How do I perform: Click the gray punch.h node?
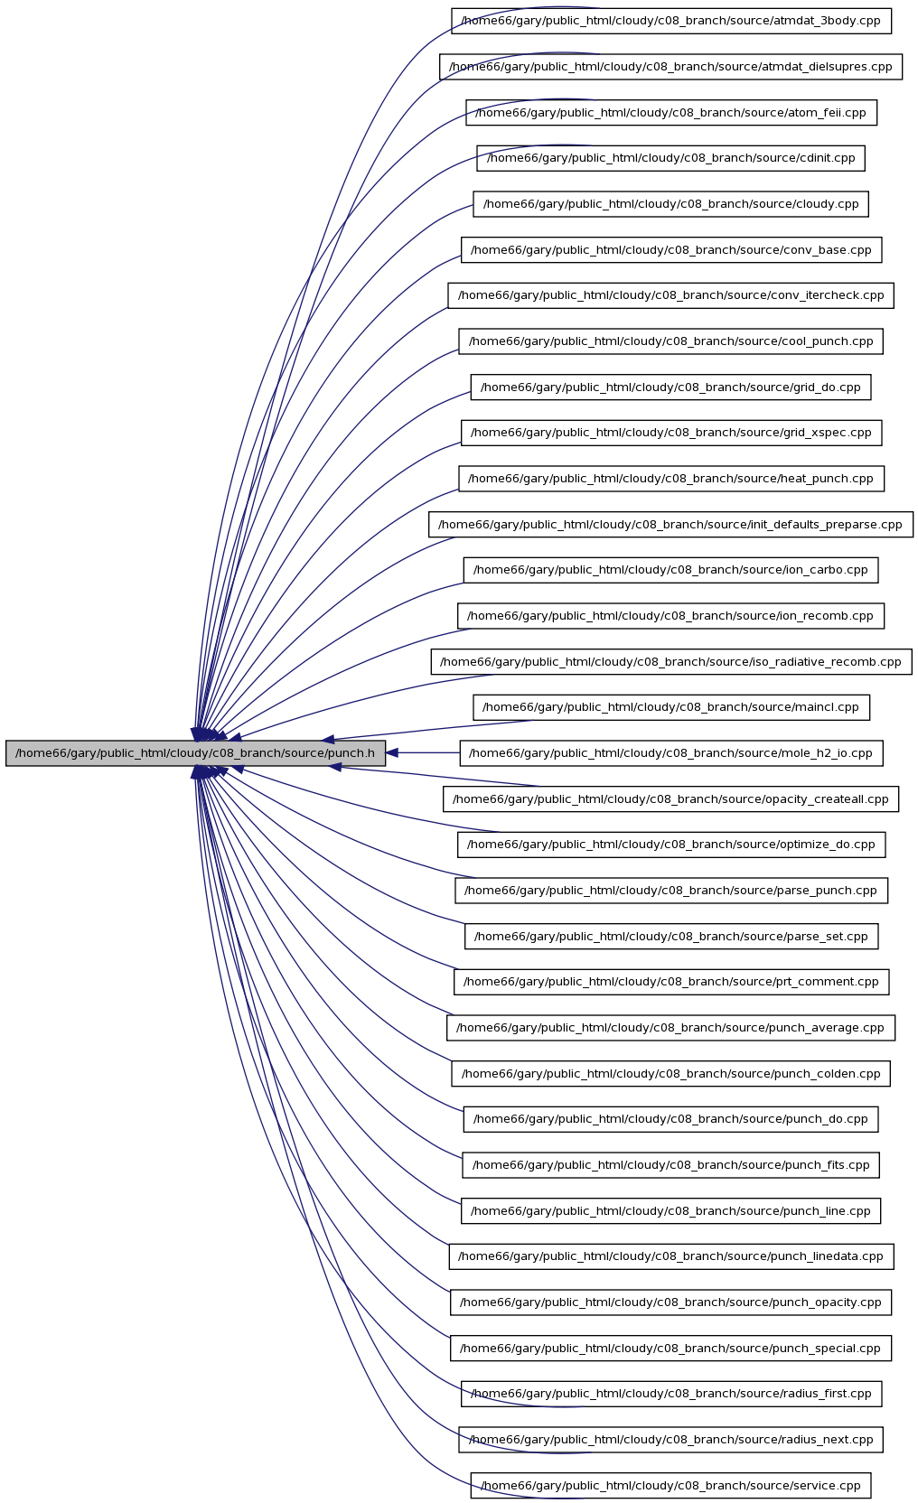click(x=195, y=752)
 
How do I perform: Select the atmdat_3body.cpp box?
click(x=671, y=21)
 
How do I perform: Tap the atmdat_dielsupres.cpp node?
click(x=670, y=67)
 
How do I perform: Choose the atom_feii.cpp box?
click(x=671, y=112)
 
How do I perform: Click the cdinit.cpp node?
click(x=671, y=158)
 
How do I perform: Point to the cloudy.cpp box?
click(x=671, y=204)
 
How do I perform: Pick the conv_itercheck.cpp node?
click(x=671, y=295)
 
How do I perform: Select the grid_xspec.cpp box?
click(x=671, y=433)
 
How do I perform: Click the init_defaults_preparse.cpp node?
click(x=671, y=524)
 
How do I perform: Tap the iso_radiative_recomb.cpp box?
click(x=671, y=661)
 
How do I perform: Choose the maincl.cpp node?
click(x=671, y=707)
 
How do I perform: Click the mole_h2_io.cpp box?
click(x=671, y=752)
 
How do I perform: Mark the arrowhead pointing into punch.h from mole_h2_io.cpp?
click(x=392, y=752)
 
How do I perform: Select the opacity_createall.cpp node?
click(x=671, y=798)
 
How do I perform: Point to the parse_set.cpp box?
click(x=671, y=936)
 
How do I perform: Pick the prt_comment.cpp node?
click(x=671, y=982)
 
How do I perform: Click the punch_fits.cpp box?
click(x=671, y=1165)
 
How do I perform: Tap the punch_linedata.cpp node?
click(x=671, y=1256)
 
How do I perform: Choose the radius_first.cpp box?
click(x=671, y=1394)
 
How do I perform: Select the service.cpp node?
click(x=671, y=1486)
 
